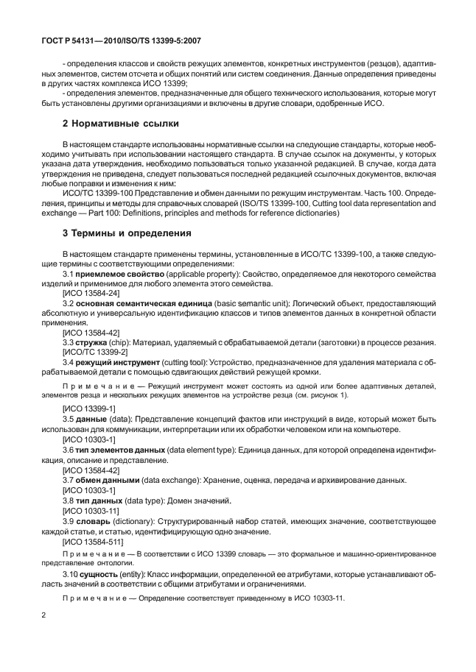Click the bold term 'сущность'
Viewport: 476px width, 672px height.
[101, 573]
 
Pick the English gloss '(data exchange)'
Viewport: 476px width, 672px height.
[177, 480]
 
